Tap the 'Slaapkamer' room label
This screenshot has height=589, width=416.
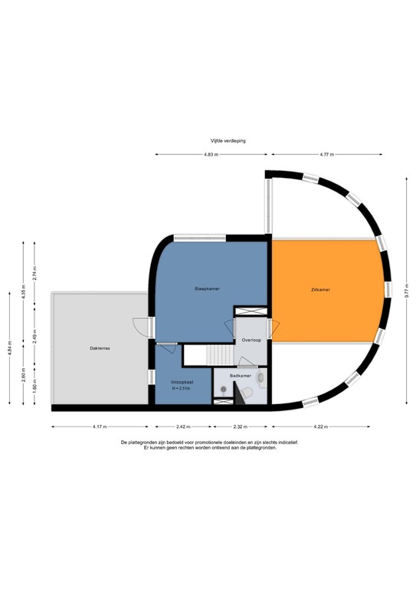(207, 288)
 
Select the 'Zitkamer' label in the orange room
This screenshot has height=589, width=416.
(332, 290)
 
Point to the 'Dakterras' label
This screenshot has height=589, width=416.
(100, 348)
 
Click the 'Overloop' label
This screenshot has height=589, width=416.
(252, 339)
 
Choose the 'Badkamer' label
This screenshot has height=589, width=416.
(241, 376)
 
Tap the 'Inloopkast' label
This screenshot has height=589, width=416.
(182, 381)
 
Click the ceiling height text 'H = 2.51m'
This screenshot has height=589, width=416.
(182, 389)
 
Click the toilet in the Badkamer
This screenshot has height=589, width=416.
(247, 393)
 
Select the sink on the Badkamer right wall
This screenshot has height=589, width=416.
(262, 378)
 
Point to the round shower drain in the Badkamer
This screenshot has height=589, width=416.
(223, 390)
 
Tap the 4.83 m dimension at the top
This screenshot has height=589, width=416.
(211, 155)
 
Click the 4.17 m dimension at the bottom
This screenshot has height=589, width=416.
(100, 426)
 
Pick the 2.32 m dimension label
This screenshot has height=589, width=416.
(241, 426)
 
